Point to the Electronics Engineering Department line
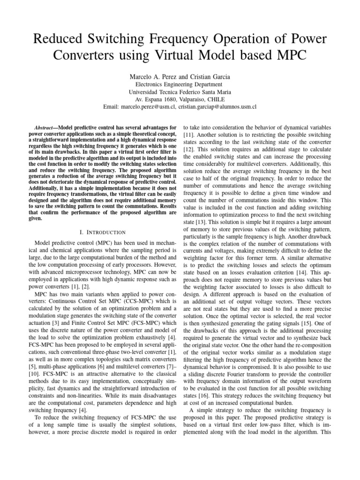[x=180, y=84]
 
